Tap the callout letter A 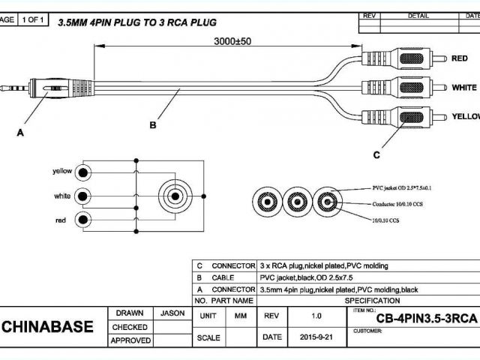click(x=20, y=133)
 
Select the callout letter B click(x=152, y=125)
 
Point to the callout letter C click(x=376, y=155)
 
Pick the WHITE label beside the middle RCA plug click(x=464, y=87)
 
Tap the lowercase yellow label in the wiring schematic click(x=62, y=171)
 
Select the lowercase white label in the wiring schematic click(x=63, y=196)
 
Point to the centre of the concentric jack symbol click(x=174, y=196)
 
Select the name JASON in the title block click(x=172, y=313)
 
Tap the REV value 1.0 click(x=316, y=316)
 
